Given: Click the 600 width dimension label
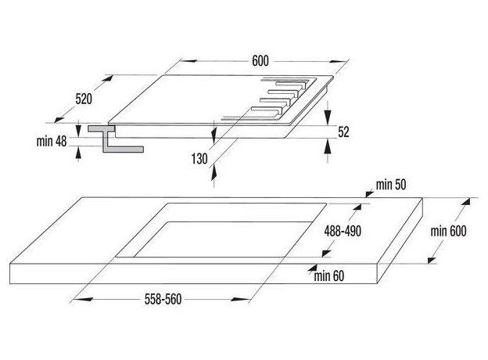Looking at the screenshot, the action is point(260,61).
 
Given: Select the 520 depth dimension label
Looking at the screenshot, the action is point(84,99).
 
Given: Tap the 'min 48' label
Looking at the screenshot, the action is point(52,141).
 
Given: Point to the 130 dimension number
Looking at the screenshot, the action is point(199,159).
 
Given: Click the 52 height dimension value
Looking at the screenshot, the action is point(343,131).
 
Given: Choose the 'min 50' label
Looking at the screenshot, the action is point(391,185).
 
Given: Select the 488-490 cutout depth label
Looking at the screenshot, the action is point(343,231).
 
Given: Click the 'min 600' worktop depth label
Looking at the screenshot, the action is point(448,231).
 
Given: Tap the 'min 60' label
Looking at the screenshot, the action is point(329,276).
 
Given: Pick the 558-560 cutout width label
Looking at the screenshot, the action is point(163,299).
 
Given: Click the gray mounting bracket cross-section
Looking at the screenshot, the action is point(114,139).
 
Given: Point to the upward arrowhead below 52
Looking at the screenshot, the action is point(327,147).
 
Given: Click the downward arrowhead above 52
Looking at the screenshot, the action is point(327,117).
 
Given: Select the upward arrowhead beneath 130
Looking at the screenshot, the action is point(213,173).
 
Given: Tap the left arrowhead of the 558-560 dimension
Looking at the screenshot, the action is point(83,300).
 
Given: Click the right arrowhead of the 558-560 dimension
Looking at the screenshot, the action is point(240,300).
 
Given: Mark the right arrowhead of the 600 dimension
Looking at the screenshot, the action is point(339,61).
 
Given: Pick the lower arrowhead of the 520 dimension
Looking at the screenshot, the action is point(59,119).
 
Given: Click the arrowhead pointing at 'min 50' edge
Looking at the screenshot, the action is point(369,194).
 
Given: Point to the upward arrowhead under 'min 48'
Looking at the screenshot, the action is point(78,153).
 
